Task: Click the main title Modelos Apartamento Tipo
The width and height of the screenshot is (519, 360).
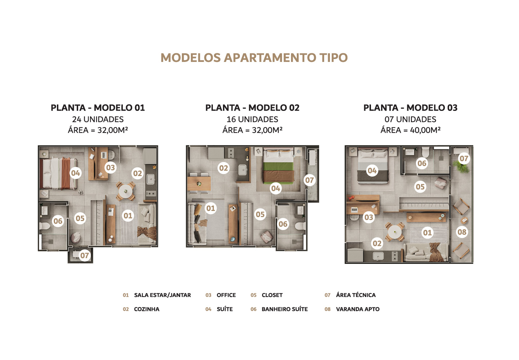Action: point(254,58)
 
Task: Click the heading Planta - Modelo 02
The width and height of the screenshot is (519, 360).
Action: point(252,108)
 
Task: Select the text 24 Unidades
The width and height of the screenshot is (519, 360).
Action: point(98,119)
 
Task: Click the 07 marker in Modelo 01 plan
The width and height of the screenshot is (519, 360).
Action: point(84,255)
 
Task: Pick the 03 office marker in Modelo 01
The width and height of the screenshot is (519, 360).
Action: point(110,167)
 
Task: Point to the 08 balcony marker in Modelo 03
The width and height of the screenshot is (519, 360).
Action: point(462,232)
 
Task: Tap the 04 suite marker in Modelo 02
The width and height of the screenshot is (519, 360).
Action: point(276,188)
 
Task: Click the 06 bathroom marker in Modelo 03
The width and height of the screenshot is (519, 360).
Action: point(422,163)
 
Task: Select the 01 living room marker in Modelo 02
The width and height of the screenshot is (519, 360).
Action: point(211,208)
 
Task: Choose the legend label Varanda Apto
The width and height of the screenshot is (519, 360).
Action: point(357,309)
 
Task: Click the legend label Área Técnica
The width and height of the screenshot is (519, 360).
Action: point(355,295)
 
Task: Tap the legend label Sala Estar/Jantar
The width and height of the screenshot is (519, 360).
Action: point(162,295)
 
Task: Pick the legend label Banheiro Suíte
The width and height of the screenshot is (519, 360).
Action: point(285,309)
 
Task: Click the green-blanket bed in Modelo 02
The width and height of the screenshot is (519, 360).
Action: point(278,166)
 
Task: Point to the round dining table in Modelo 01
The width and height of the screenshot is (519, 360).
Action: point(125,191)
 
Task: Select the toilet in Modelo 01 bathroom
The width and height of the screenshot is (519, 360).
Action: point(45,226)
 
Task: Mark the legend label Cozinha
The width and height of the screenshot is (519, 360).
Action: point(146,309)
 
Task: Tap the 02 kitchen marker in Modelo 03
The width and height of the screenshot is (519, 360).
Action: point(377,243)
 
